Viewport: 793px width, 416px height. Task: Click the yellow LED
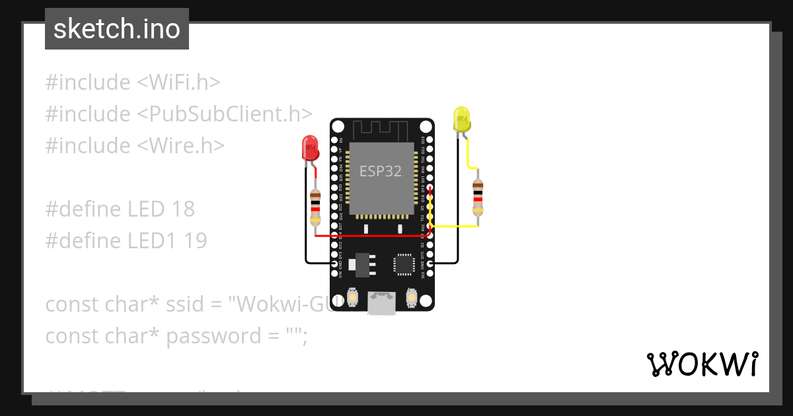coord(461,120)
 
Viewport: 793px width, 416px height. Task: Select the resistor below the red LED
coord(315,204)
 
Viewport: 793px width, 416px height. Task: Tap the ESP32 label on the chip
coord(380,172)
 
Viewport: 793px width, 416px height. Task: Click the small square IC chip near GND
coord(404,263)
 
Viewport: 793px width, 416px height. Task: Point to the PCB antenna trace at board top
coord(381,129)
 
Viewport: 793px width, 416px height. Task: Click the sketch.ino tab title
coord(116,29)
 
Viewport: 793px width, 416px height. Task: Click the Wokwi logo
coord(702,364)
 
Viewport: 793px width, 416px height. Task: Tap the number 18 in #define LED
coord(182,209)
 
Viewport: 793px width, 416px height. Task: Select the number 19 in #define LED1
coord(194,240)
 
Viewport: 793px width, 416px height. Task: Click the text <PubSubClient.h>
coord(225,114)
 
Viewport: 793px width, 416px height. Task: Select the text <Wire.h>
coord(181,145)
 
